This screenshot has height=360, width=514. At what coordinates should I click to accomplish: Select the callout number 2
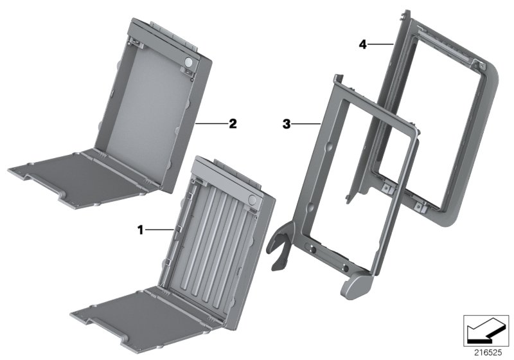pos(233,123)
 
